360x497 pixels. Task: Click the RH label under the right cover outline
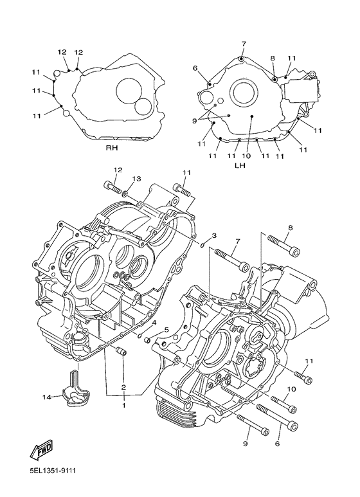(x=113, y=147)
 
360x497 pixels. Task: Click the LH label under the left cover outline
(x=240, y=165)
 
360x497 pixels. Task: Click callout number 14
(x=47, y=398)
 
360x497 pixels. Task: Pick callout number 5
(x=166, y=330)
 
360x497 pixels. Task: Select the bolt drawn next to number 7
(x=231, y=259)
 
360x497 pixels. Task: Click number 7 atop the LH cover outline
(x=244, y=44)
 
